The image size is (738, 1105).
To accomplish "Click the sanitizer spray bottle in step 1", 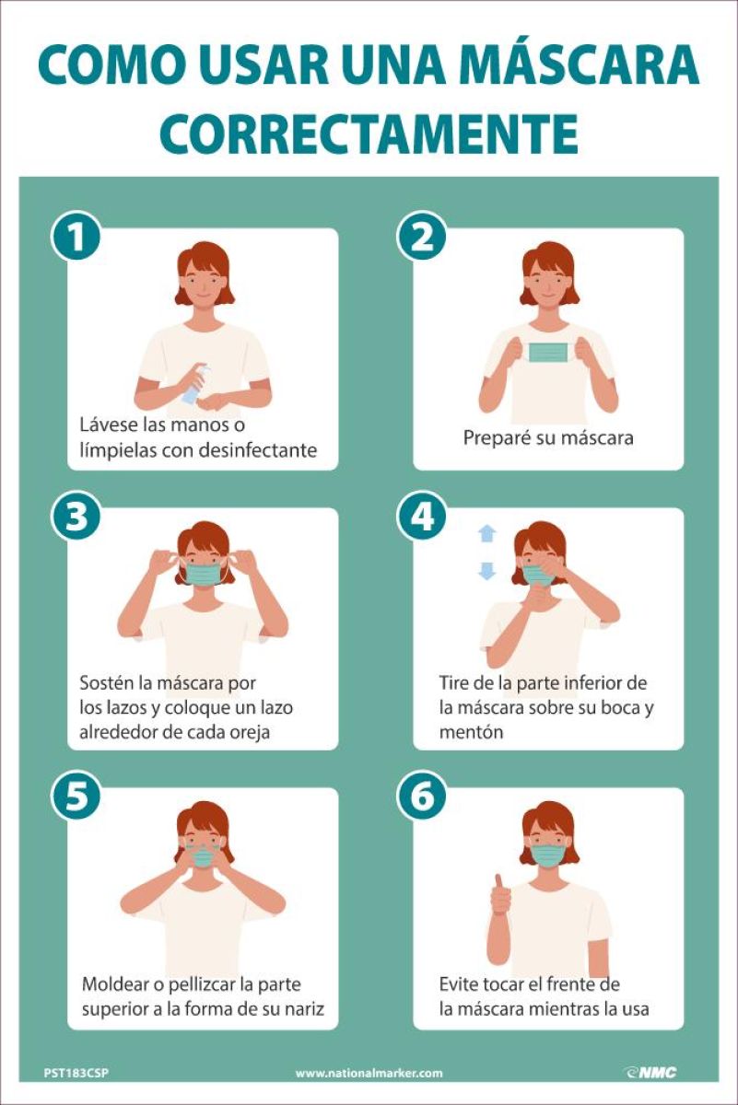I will point(196,384).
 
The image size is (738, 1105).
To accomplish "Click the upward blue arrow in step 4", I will point(487,533).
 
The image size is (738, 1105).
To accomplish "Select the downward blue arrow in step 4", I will point(487,571).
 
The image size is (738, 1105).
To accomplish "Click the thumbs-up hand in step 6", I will point(500,893).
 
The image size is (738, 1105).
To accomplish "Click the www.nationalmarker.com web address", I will point(369,1073).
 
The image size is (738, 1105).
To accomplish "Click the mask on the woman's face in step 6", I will point(548,855).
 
